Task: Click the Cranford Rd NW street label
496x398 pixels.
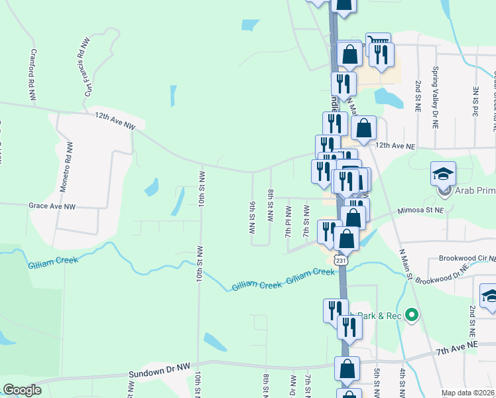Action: [32, 74]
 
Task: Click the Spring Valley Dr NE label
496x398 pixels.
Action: [435, 90]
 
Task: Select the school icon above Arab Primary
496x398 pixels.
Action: [443, 174]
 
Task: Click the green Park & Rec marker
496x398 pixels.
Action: [411, 314]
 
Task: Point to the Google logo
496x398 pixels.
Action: [21, 390]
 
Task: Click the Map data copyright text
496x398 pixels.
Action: [467, 393]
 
